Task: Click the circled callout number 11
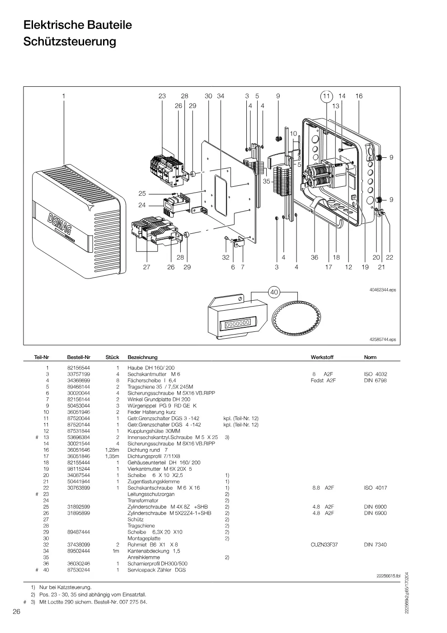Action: point(326,96)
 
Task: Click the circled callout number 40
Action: point(274,292)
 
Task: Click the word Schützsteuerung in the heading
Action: point(70,41)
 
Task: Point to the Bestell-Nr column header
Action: point(79,357)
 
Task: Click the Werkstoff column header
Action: point(322,357)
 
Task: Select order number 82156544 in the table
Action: point(79,368)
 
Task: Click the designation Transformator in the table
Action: point(143,501)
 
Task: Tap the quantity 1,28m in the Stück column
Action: point(112,450)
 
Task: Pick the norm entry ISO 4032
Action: point(376,374)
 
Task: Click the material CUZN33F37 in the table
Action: point(324,544)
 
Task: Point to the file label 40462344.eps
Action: point(382,290)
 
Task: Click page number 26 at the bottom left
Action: point(16,611)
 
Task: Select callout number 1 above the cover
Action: point(64,96)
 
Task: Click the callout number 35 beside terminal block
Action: point(267,181)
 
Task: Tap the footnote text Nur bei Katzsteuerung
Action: point(65,587)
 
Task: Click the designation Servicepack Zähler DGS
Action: point(156,570)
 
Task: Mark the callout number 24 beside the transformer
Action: point(142,205)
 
